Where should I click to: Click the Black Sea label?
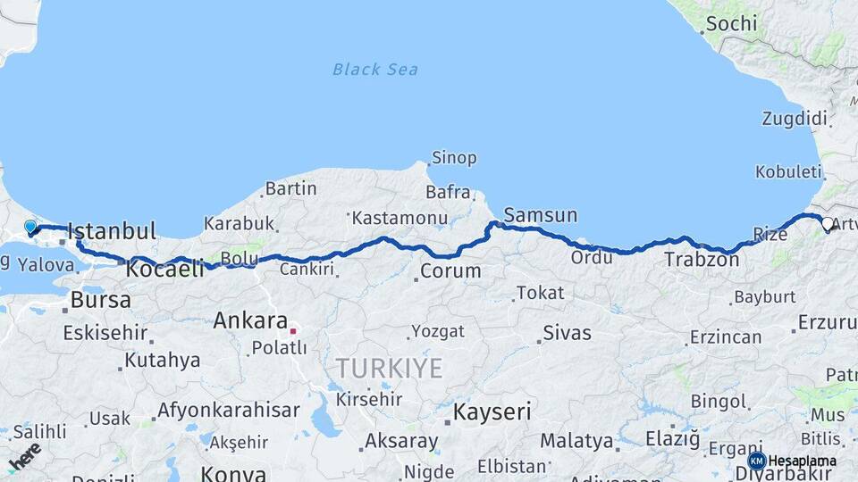(374, 69)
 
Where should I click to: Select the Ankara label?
(249, 321)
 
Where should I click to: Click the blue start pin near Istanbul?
(30, 228)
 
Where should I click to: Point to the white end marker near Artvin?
(827, 225)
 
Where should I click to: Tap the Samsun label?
(540, 215)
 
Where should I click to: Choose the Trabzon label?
(701, 260)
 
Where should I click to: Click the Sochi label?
(731, 24)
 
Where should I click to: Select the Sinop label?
(454, 158)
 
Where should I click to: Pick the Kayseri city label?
(492, 412)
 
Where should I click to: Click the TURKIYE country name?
(389, 368)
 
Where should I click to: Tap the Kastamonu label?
(399, 218)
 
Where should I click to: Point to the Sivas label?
(567, 333)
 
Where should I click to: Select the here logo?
(25, 456)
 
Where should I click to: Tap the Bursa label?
(100, 300)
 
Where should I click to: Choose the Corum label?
(450, 270)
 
